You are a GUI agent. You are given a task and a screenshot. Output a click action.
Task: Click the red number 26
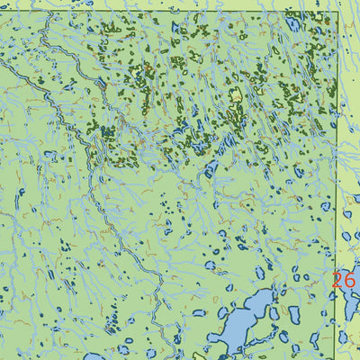(343, 280)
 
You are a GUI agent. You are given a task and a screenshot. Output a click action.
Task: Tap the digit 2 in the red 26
(337, 280)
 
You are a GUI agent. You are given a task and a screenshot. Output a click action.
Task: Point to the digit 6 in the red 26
(349, 280)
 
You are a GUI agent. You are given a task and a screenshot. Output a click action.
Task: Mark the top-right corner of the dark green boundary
(337, 12)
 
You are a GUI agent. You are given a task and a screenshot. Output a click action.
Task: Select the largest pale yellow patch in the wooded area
(236, 95)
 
